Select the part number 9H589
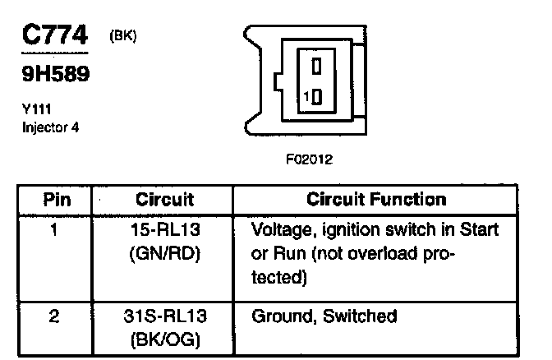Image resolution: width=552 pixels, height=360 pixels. tap(55, 76)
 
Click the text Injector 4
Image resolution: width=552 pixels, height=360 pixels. tap(50, 127)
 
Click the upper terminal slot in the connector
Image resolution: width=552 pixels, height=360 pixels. tap(317, 65)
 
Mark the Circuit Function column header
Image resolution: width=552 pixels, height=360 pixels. tap(376, 200)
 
